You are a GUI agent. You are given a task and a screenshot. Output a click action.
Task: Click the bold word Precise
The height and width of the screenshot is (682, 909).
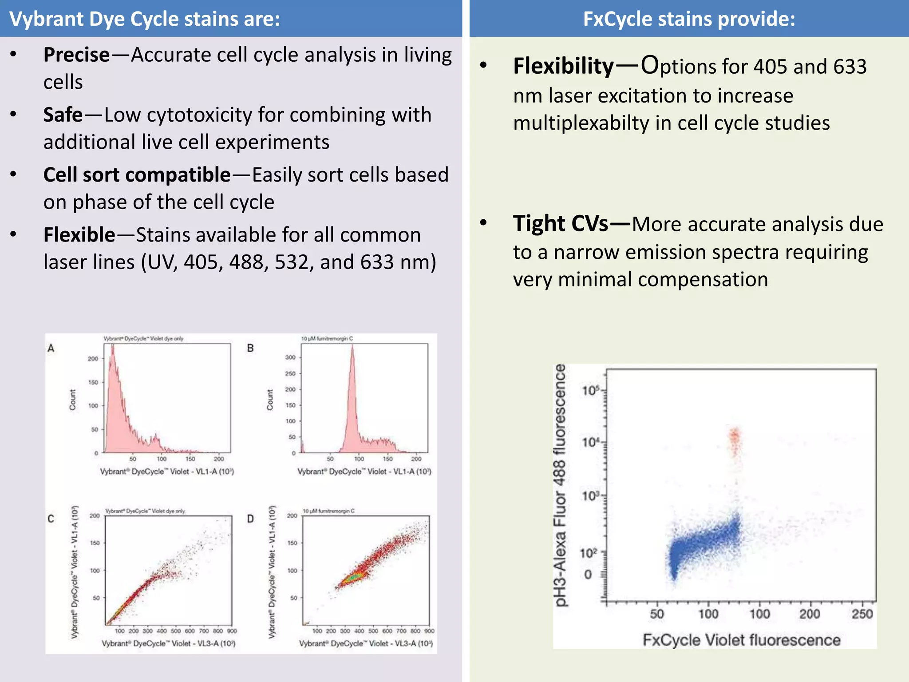[x=76, y=55]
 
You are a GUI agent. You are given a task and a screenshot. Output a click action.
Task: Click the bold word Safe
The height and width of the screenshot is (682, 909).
[x=63, y=115]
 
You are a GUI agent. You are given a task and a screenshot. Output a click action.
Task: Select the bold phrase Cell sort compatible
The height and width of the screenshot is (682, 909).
[x=137, y=175]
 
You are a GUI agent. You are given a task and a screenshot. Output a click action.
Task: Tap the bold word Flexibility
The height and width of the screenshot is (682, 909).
[x=563, y=66]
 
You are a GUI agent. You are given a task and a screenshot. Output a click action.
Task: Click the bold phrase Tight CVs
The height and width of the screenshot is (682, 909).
[x=560, y=223]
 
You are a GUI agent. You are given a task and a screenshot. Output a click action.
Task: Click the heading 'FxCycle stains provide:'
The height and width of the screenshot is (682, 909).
[x=689, y=19]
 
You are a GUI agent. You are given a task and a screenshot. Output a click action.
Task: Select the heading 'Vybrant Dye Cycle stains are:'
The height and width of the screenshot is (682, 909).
[x=145, y=19]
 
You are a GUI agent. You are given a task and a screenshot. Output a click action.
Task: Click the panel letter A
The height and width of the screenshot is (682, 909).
[x=51, y=349]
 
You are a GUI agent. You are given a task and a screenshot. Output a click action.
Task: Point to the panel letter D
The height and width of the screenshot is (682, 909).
[x=250, y=519]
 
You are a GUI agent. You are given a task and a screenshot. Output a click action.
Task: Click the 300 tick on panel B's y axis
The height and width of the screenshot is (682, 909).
[x=290, y=357]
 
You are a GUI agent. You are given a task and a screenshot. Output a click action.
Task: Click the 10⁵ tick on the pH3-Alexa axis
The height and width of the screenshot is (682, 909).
[x=590, y=391]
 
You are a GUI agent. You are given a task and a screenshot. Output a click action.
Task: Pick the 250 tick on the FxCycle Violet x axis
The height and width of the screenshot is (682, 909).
[x=862, y=614]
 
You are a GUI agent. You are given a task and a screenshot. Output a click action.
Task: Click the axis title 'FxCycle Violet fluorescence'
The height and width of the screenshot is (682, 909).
[x=741, y=640]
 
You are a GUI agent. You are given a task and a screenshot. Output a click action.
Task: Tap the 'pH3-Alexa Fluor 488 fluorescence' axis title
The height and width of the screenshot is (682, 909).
[x=561, y=485]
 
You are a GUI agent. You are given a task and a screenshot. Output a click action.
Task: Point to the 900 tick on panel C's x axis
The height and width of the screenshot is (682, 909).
[x=232, y=631]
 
